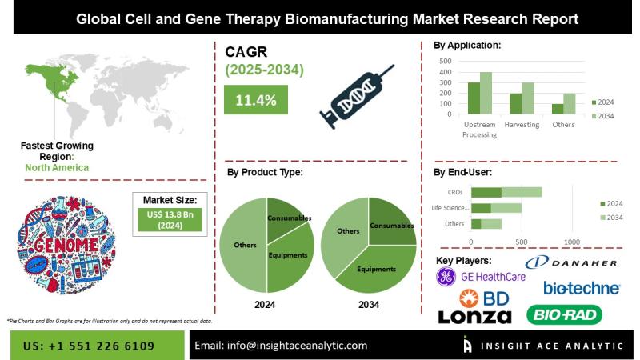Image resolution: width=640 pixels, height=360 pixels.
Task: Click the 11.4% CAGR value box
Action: [x=256, y=100]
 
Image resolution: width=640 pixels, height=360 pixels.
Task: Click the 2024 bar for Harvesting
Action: [x=516, y=104]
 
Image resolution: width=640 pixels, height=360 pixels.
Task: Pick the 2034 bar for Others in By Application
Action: [x=570, y=104]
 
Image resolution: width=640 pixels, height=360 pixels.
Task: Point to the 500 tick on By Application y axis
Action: [x=446, y=61]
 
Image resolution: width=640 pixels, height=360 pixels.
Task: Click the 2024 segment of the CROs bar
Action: [x=486, y=192]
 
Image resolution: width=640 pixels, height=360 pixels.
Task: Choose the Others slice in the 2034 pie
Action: [x=346, y=232]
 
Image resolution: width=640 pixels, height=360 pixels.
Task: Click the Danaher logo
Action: [x=571, y=263]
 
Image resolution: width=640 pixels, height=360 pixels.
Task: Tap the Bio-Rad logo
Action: [x=574, y=314]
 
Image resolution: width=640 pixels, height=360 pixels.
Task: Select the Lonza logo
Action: [x=474, y=317]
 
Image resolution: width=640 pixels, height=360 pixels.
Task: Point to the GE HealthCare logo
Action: [x=481, y=277]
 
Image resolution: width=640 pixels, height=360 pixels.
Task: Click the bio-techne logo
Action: [x=582, y=287]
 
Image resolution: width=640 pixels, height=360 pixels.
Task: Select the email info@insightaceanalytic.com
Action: [x=282, y=346]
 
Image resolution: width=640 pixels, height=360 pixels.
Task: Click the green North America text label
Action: [x=55, y=168]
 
